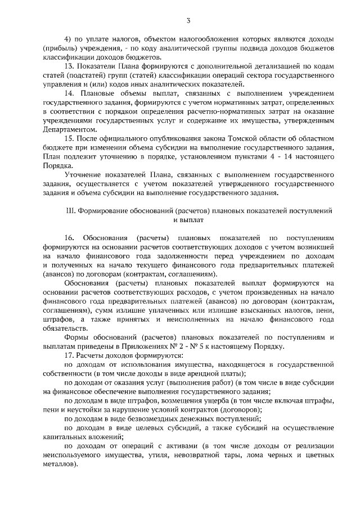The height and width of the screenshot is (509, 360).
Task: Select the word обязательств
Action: coord(65,328)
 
